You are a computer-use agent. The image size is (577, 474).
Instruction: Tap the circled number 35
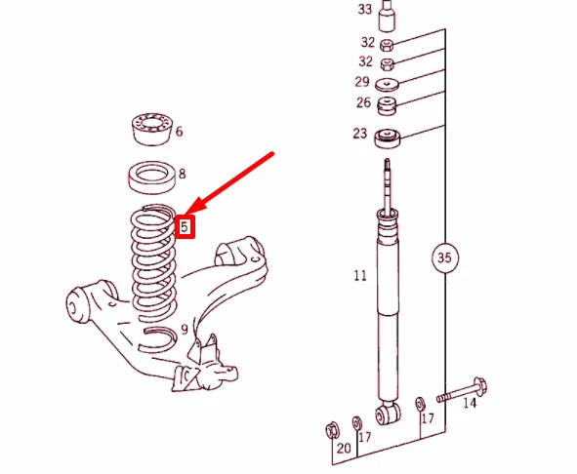[445, 258]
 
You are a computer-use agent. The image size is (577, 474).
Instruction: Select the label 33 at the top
[364, 10]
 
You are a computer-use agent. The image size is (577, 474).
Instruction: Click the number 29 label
[361, 83]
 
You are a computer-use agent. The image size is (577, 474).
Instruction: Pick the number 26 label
[362, 103]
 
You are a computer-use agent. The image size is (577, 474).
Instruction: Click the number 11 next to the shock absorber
[360, 276]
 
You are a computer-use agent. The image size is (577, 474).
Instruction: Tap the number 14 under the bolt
[470, 403]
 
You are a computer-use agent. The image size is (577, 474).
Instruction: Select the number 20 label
[344, 449]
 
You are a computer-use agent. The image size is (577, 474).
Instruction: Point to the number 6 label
[179, 132]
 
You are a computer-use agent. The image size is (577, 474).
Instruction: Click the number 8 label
[181, 174]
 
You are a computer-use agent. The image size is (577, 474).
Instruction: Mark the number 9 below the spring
[184, 330]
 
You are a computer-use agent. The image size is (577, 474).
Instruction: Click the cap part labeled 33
[388, 16]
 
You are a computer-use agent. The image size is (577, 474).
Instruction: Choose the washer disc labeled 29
[388, 84]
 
